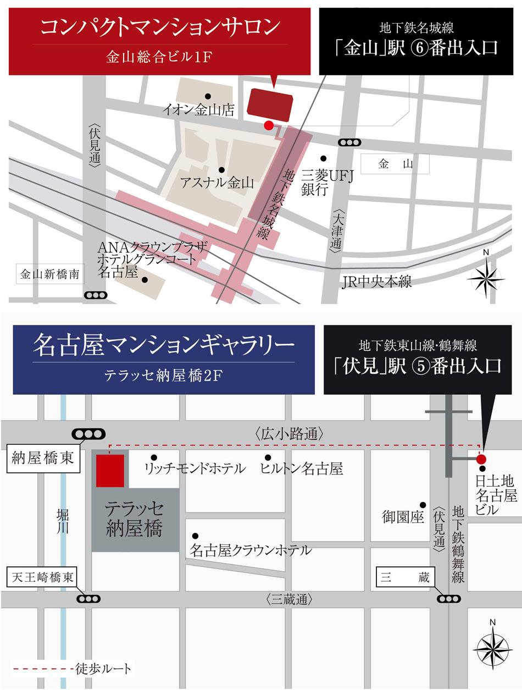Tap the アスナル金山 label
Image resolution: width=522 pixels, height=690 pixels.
click(x=216, y=183)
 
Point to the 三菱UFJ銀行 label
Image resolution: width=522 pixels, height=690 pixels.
click(x=326, y=183)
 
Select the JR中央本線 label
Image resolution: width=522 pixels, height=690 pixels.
click(x=376, y=282)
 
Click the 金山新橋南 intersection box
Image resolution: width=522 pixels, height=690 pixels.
click(x=49, y=274)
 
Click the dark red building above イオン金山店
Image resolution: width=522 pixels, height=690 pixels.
click(x=270, y=103)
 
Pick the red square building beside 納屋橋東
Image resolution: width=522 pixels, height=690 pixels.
click(x=110, y=470)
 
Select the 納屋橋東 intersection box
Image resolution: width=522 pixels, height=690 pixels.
click(x=43, y=459)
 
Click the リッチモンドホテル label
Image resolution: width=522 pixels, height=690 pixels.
click(x=195, y=469)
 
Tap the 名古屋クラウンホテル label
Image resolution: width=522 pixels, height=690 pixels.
click(x=251, y=550)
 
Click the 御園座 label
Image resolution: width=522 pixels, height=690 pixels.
click(x=403, y=517)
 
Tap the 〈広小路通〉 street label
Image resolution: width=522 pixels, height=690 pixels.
click(x=289, y=434)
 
